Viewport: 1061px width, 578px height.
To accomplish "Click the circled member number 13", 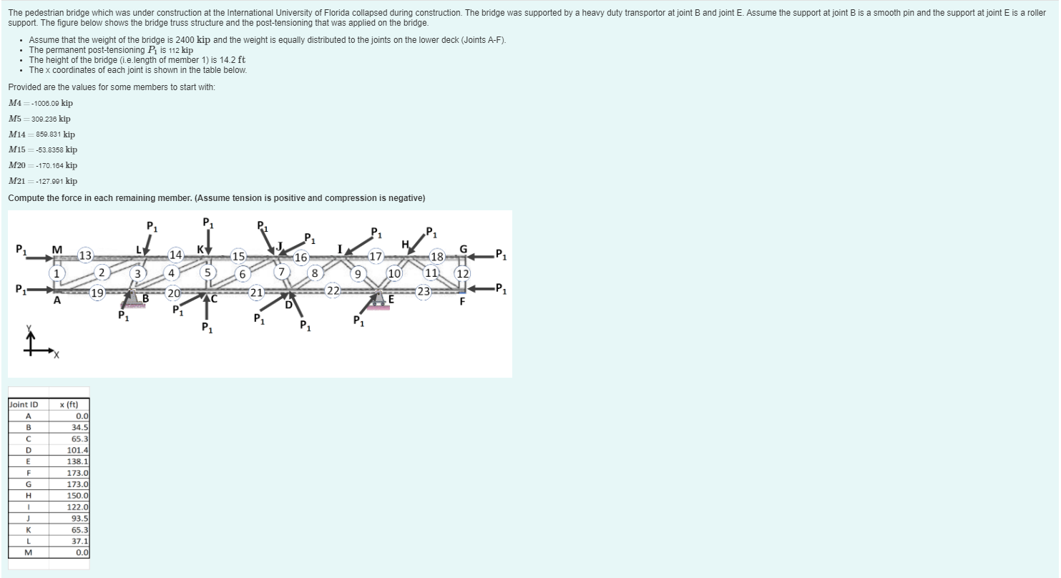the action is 85,255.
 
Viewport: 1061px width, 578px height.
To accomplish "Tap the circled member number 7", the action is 281,272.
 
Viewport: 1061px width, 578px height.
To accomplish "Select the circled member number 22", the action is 333,290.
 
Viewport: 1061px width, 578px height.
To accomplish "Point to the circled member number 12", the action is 463,273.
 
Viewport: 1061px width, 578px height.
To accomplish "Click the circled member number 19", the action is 97,293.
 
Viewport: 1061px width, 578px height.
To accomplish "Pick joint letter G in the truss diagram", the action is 463,249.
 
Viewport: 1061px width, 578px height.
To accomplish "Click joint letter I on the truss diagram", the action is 340,249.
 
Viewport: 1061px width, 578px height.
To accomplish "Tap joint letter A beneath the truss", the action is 57,300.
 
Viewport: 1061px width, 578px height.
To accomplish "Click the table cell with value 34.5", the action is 69,427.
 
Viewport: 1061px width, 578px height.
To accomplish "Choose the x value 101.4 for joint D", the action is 69,450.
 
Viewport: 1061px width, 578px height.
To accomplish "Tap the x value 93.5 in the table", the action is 69,519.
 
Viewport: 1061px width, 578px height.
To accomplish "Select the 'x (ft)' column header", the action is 69,405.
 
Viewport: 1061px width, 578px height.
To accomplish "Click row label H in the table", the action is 29,496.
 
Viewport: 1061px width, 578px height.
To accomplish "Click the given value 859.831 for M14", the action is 49,134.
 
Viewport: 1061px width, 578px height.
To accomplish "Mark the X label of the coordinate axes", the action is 56,355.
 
